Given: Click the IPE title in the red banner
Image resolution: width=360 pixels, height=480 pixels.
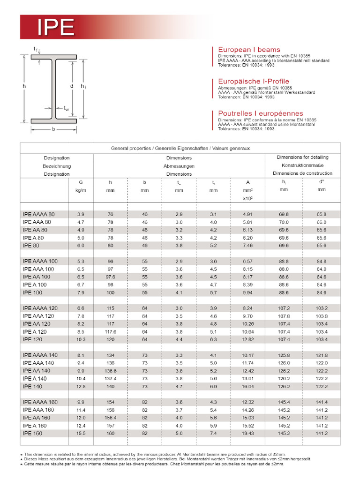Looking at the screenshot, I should [56, 28].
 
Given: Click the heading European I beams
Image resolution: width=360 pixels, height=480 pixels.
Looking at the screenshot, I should [249, 49].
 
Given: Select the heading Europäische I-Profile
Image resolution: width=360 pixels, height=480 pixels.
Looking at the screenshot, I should [254, 81].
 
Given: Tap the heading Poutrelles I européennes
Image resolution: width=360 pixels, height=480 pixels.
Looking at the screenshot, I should [260, 113].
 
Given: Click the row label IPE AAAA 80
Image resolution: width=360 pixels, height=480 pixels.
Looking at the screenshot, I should [38, 214].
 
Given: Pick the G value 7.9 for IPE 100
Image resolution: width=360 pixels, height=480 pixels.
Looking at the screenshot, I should [81, 292].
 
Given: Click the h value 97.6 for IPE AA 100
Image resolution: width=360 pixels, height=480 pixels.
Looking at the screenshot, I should [111, 277].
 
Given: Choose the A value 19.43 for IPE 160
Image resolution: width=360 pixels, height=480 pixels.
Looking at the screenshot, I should [247, 434].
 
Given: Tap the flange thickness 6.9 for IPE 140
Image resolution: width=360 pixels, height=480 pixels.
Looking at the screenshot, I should [213, 386].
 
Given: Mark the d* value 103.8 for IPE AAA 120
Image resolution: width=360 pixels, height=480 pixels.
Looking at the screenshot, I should [321, 316].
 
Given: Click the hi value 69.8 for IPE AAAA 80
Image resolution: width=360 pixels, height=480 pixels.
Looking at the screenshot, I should [284, 214].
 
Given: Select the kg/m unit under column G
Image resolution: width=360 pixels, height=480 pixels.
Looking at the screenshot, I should [81, 190].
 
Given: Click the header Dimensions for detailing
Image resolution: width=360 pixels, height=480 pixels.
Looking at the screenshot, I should [302, 157].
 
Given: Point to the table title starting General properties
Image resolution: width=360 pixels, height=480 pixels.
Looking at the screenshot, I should [180, 148].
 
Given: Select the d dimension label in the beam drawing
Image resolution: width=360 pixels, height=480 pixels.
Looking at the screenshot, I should [71, 86].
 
